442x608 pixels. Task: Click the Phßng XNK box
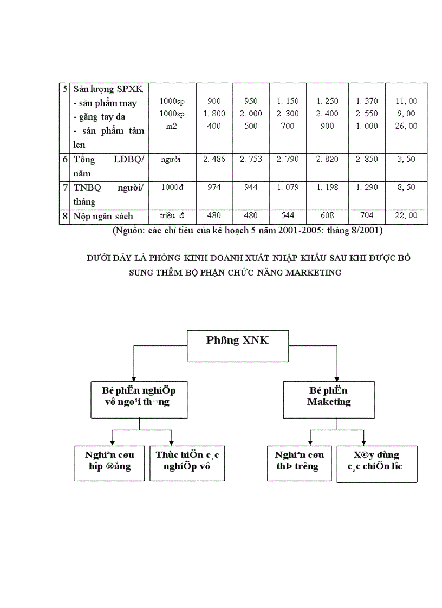click(237, 346)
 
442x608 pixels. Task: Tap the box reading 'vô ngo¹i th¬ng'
click(139, 402)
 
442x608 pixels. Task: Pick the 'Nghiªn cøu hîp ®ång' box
click(109, 461)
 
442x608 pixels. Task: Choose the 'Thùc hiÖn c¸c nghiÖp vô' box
click(187, 461)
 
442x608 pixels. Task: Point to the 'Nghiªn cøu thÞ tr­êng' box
click(300, 461)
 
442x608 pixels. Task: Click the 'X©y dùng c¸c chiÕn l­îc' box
click(377, 461)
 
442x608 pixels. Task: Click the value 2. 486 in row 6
click(214, 159)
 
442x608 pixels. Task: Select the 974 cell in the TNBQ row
click(214, 187)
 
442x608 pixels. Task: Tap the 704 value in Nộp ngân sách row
click(367, 215)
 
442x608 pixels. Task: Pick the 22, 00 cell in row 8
click(406, 215)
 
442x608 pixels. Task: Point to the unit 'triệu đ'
click(172, 216)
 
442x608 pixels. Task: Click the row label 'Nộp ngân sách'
click(103, 216)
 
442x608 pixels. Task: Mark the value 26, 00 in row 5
click(406, 126)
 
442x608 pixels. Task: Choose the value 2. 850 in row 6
click(367, 159)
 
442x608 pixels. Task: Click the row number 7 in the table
click(64, 187)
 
